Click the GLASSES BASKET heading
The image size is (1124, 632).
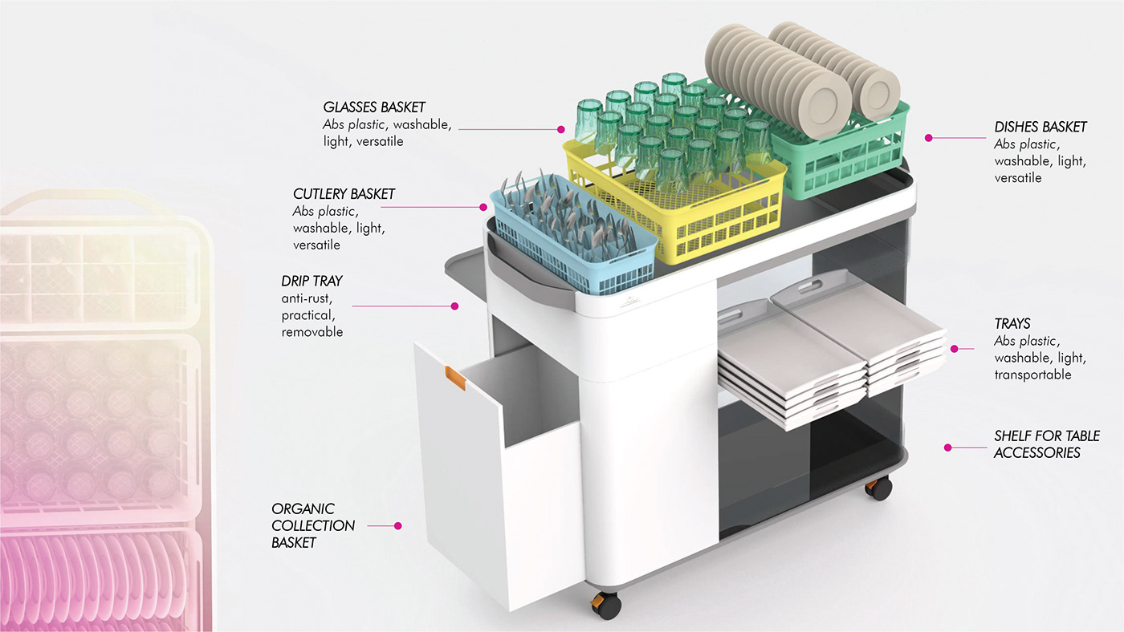(374, 107)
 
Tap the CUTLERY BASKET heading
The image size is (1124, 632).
(344, 194)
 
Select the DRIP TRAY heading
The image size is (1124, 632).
(312, 282)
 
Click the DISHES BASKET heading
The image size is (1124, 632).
(1041, 127)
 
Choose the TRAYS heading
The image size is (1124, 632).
(1012, 324)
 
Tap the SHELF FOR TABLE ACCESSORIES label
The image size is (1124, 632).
(1046, 444)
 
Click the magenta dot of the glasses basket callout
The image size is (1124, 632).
(563, 128)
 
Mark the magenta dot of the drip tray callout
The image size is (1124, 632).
(454, 306)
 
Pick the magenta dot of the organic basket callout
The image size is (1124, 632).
(397, 526)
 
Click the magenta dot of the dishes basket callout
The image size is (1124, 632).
(928, 138)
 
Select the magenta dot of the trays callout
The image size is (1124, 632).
(955, 348)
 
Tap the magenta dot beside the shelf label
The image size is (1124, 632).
(947, 448)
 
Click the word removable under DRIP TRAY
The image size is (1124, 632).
(312, 332)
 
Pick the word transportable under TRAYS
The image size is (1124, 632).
(1032, 375)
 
